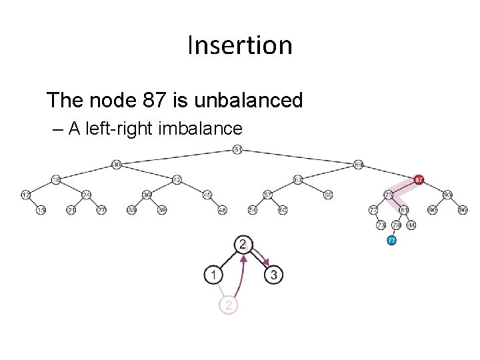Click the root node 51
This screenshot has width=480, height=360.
[x=238, y=149]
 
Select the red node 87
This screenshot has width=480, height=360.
[x=419, y=179]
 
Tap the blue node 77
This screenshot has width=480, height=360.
[x=392, y=240]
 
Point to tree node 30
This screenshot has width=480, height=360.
[x=116, y=164]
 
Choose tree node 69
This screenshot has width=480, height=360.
[x=359, y=164]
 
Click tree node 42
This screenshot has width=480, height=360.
[x=177, y=179]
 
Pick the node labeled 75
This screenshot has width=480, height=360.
[x=388, y=195]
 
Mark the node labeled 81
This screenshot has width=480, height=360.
[x=404, y=210]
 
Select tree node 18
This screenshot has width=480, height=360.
[x=56, y=179]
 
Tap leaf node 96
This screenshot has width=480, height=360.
[x=463, y=210]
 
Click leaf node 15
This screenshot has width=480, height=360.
[x=41, y=210]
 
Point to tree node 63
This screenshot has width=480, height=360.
[x=298, y=179]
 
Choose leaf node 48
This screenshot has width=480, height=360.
[x=222, y=210]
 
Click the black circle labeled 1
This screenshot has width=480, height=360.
[x=213, y=274]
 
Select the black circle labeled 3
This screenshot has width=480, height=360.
[x=273, y=274]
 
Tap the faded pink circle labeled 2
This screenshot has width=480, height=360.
[x=228, y=305]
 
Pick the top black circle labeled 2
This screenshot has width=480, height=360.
[x=243, y=244]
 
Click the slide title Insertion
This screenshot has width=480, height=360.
[x=240, y=45]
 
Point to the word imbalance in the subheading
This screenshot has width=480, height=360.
[x=200, y=128]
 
